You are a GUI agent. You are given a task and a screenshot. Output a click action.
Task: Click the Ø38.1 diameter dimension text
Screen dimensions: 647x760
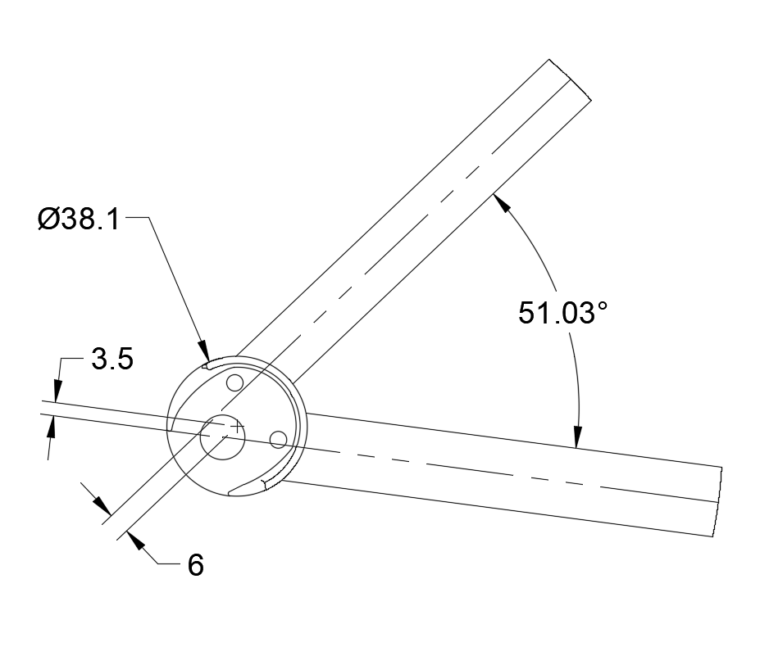[79, 219]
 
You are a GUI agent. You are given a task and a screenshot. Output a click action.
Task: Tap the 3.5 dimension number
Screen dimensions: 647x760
[112, 360]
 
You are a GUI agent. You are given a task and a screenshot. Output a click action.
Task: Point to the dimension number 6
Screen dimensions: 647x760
[195, 565]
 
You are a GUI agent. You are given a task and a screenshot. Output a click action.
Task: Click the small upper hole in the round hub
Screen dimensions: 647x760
[235, 382]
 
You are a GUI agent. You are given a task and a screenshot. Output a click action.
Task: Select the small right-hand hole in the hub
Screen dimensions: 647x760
[279, 440]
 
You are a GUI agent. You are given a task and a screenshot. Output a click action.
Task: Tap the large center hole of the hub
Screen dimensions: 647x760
[222, 437]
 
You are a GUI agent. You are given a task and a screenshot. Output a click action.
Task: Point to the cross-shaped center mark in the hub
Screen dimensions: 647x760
[237, 427]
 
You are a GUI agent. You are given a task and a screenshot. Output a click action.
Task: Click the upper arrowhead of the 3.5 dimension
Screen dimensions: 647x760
[57, 391]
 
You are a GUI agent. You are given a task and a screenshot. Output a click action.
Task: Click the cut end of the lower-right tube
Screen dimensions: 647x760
[716, 501]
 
